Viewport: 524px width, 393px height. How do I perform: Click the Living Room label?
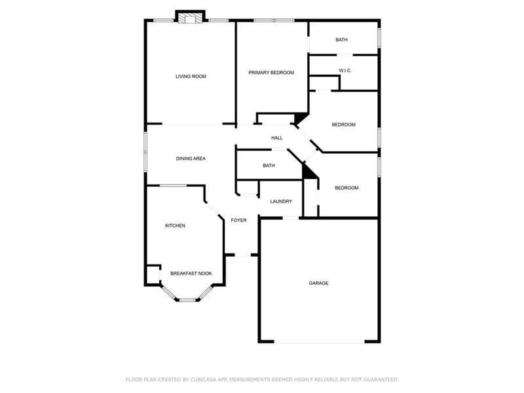[x=191, y=77]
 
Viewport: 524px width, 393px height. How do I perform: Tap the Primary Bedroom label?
[x=271, y=73]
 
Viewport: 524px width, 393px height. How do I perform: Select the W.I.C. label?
[x=345, y=71]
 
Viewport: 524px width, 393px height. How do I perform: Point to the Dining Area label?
[x=191, y=159]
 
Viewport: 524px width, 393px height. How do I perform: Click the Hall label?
[x=276, y=138]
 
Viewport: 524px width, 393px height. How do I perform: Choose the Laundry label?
[x=281, y=202]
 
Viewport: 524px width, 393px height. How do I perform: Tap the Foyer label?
[x=238, y=221]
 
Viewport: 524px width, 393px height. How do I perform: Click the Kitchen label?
[x=175, y=226]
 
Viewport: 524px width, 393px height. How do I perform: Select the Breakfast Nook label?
[x=191, y=274]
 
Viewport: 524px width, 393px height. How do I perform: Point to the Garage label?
[x=318, y=284]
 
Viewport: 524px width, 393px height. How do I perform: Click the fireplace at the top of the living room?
[x=190, y=18]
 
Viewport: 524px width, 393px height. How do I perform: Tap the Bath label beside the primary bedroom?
[x=341, y=40]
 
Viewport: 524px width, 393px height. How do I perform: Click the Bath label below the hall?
[x=269, y=166]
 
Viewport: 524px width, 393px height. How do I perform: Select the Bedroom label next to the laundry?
[x=346, y=188]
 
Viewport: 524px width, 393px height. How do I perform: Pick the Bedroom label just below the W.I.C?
[x=343, y=125]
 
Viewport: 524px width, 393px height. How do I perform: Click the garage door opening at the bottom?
[x=319, y=341]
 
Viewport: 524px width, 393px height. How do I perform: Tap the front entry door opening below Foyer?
[x=242, y=255]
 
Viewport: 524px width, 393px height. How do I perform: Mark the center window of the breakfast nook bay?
[x=187, y=300]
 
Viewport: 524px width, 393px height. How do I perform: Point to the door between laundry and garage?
[x=291, y=218]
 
